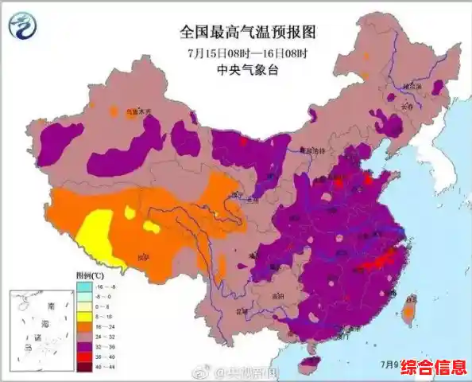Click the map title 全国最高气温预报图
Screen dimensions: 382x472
248,33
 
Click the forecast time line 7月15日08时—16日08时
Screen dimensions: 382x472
248,53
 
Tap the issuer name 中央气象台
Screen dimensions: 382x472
248,69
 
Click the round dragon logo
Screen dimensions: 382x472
25,25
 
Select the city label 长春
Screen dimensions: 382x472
407,103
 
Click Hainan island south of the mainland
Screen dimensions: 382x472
310,363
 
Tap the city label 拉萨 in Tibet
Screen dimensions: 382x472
144,258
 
